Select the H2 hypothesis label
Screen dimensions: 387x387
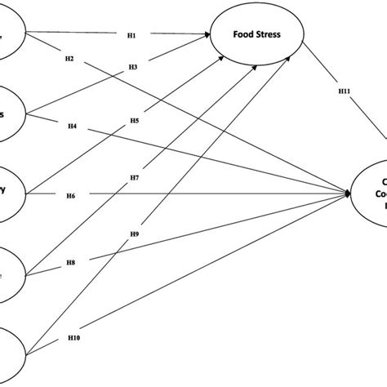click(x=69, y=59)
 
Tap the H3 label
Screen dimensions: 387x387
click(x=131, y=67)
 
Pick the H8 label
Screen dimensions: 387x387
click(x=71, y=263)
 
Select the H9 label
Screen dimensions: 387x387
click(x=134, y=234)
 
